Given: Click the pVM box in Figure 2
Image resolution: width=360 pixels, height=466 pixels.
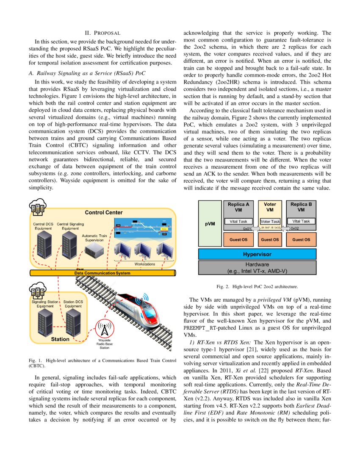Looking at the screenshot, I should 210,223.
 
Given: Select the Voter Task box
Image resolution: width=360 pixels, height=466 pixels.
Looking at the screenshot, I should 270,221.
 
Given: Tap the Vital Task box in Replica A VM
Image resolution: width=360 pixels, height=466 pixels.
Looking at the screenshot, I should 238,221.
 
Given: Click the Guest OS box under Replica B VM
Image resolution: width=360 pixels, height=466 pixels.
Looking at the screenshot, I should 301,239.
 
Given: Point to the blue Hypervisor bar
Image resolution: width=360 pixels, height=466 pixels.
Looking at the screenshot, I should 257,254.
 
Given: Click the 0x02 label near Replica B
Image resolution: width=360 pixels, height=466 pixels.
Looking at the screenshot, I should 295,228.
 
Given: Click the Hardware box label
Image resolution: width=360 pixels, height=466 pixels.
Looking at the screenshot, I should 257,267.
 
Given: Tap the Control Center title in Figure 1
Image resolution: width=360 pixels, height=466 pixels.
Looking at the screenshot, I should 104,213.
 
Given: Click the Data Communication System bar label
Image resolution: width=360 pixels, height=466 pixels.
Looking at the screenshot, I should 102,273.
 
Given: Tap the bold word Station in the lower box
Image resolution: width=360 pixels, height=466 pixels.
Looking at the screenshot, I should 60,339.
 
